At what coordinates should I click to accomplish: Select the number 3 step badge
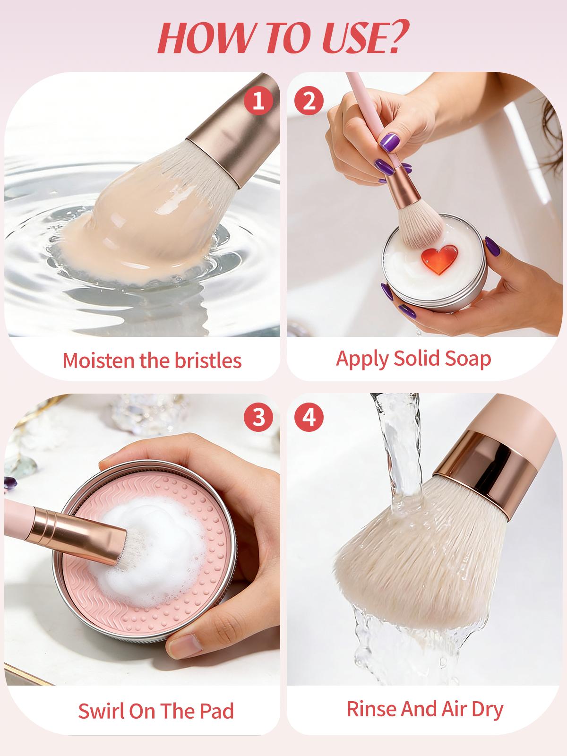(258, 418)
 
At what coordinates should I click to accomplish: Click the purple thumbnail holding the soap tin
(492, 246)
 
